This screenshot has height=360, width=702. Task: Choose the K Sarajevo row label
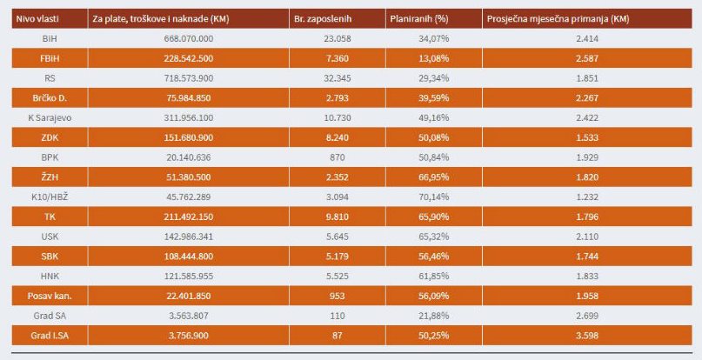click(50, 117)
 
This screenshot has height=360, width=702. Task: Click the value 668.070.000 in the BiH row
click(189, 39)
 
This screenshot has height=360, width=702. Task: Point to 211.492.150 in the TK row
click(189, 216)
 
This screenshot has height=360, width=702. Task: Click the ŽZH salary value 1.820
click(590, 177)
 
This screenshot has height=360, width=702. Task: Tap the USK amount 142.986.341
click(189, 236)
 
